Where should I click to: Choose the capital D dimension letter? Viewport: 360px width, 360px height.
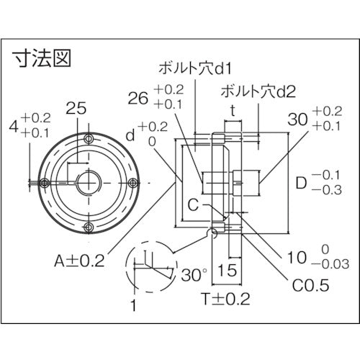pyautogui.click(x=303, y=184)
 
